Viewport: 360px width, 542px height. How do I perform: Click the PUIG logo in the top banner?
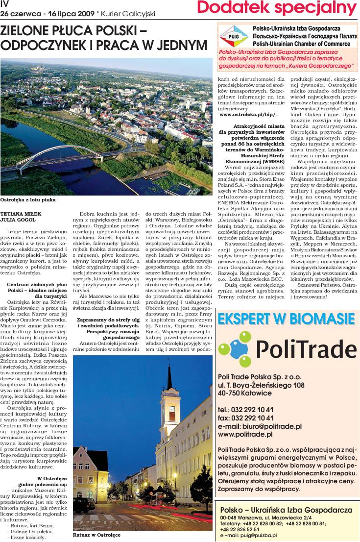pyautogui.click(x=234, y=36)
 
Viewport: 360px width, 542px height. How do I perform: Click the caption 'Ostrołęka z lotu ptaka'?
pyautogui.click(x=28, y=200)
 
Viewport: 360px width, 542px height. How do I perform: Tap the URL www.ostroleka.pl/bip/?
pyautogui.click(x=248, y=114)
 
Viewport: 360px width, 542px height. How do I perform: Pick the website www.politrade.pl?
pyautogui.click(x=245, y=434)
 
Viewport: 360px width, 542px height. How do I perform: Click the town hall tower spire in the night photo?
pyautogui.click(x=169, y=375)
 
